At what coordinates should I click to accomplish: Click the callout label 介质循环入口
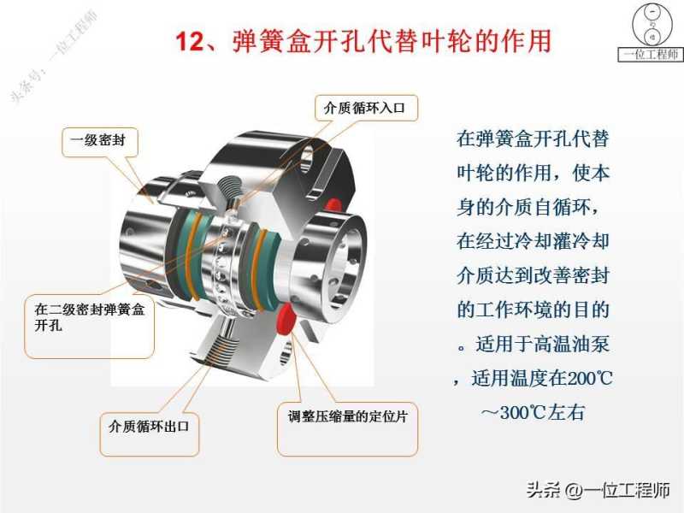(365, 108)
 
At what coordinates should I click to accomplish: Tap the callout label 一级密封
(98, 140)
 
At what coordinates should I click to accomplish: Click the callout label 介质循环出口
(149, 426)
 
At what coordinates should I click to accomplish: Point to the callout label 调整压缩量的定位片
(347, 416)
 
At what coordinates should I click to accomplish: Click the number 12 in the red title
(190, 41)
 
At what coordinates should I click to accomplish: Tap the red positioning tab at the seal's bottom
(287, 317)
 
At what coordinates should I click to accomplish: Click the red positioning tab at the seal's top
(333, 204)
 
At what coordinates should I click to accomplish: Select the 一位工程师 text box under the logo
(651, 54)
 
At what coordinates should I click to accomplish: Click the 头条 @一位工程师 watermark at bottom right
(598, 490)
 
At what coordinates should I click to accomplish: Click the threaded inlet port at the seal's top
(230, 188)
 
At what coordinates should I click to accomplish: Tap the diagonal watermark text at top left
(54, 56)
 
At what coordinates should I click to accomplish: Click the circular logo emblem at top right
(652, 24)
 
